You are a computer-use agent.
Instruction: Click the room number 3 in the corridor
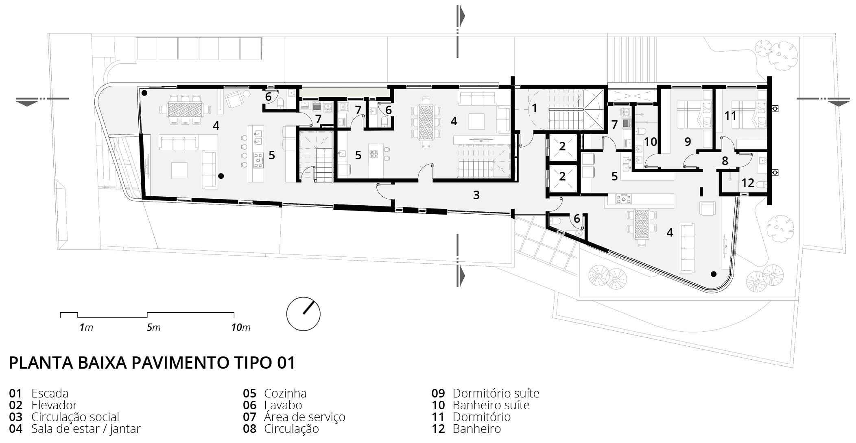(x=476, y=195)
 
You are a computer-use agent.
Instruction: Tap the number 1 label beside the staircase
(x=534, y=108)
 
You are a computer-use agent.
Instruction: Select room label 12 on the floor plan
(x=748, y=183)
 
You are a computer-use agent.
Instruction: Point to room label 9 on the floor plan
(x=688, y=141)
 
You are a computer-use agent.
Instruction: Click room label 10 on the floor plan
(x=651, y=141)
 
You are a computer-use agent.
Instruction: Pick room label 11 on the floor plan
(x=730, y=116)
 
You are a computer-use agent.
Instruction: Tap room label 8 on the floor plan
(x=725, y=161)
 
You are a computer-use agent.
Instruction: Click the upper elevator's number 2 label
(x=562, y=146)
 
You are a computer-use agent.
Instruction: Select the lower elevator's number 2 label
(x=562, y=176)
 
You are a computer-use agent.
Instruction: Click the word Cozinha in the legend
(x=285, y=393)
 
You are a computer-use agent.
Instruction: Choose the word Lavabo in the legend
(x=283, y=405)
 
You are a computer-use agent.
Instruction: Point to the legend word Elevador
(x=54, y=405)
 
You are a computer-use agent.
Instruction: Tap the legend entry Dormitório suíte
(x=496, y=393)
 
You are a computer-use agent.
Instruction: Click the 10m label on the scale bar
(x=241, y=328)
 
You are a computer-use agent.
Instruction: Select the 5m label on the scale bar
(x=154, y=328)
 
